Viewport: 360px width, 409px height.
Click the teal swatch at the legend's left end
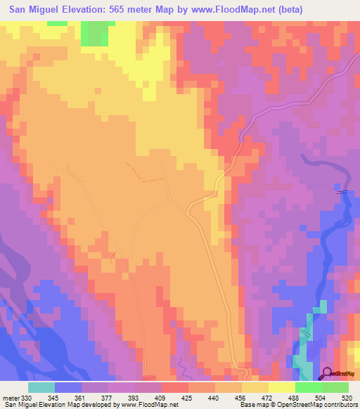click(x=41, y=387)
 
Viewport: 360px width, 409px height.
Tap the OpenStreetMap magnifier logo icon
click(x=327, y=372)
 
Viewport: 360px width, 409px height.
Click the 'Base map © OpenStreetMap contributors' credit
click(x=298, y=405)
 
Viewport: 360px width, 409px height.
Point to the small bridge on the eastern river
click(x=343, y=191)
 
